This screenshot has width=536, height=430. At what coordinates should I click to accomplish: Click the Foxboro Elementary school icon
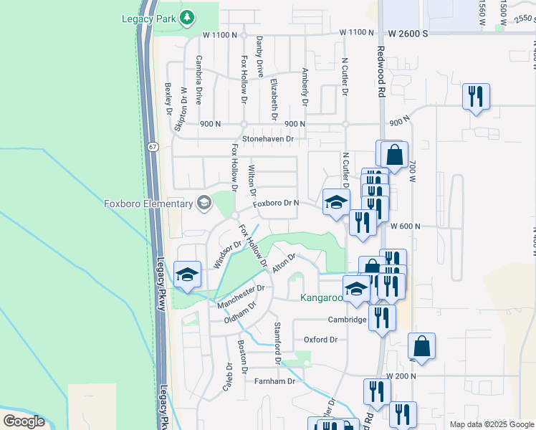(x=204, y=203)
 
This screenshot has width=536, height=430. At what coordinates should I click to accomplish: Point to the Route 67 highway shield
(x=153, y=147)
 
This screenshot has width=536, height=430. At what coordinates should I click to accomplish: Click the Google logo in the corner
(x=24, y=421)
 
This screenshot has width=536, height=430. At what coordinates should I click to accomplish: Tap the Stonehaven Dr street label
(x=269, y=139)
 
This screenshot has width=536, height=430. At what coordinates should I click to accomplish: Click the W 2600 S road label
(x=409, y=33)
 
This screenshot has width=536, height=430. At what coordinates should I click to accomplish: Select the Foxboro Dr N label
(x=275, y=203)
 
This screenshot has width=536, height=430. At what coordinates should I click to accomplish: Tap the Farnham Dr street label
(x=275, y=381)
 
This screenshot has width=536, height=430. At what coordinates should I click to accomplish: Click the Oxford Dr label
(x=320, y=340)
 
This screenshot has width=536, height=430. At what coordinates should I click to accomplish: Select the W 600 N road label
(x=405, y=226)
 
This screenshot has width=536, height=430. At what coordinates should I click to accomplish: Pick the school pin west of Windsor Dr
(x=187, y=275)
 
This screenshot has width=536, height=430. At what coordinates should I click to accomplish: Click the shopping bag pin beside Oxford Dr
(x=422, y=346)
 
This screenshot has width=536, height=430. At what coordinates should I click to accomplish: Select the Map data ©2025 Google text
(x=491, y=424)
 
